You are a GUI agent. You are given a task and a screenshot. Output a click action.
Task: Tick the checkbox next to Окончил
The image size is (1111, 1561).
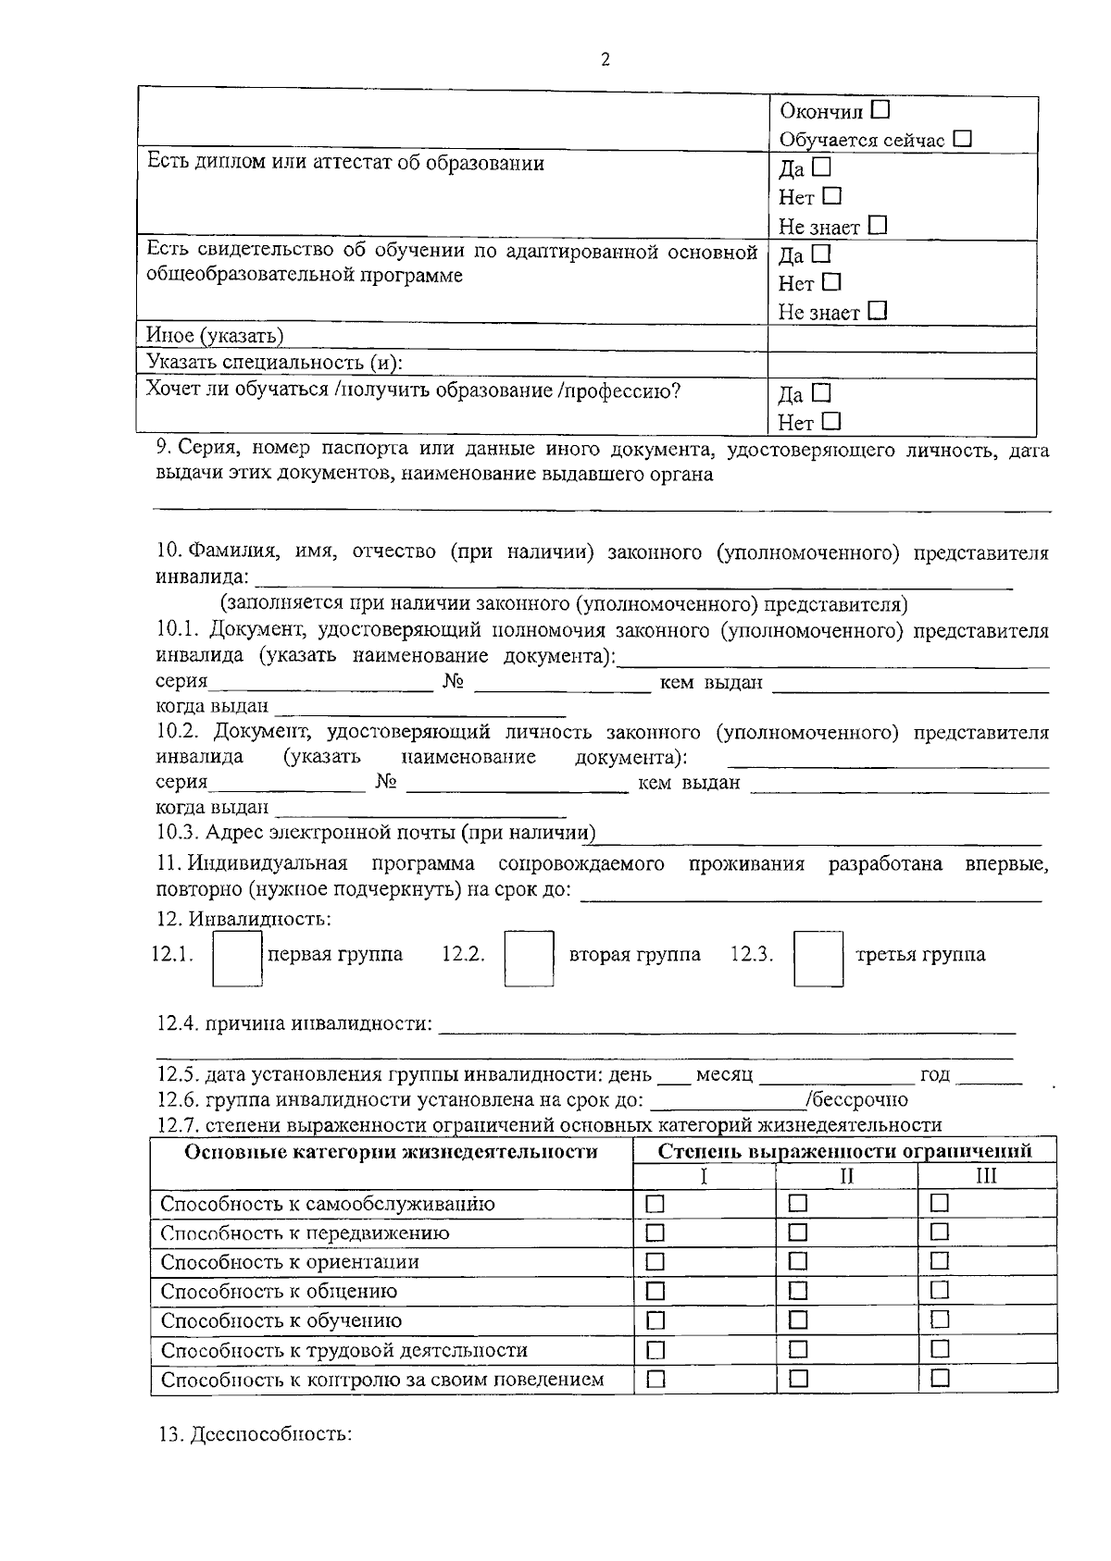(x=880, y=110)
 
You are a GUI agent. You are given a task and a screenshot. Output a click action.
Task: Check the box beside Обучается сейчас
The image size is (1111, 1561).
(x=963, y=139)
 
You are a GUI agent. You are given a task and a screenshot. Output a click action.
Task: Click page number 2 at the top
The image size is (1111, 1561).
(x=605, y=60)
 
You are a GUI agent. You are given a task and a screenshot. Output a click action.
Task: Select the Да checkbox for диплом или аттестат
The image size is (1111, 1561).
(x=821, y=167)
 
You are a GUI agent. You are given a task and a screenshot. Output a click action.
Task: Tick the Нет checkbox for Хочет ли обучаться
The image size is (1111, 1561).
(x=830, y=421)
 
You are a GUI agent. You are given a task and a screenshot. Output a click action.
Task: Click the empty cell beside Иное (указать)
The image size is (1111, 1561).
(x=901, y=338)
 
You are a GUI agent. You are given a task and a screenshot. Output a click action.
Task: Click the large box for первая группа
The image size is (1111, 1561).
(x=238, y=959)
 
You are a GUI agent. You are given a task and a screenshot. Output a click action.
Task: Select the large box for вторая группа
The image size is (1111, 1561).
(x=529, y=959)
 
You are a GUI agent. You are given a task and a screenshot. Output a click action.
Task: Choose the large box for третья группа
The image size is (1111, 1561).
(x=818, y=959)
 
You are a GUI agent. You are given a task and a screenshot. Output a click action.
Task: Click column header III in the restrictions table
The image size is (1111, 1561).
(x=987, y=1176)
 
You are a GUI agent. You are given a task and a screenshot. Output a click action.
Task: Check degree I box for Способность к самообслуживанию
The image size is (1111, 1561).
(x=655, y=1204)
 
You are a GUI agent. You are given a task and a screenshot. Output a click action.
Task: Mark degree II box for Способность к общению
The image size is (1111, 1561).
(x=798, y=1291)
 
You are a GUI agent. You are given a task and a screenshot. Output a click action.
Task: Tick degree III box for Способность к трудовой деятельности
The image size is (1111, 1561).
(x=940, y=1349)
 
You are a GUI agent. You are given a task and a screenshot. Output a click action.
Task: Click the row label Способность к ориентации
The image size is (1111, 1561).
(x=290, y=1262)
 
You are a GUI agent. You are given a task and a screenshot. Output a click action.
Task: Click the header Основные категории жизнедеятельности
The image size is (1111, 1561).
(x=391, y=1152)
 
